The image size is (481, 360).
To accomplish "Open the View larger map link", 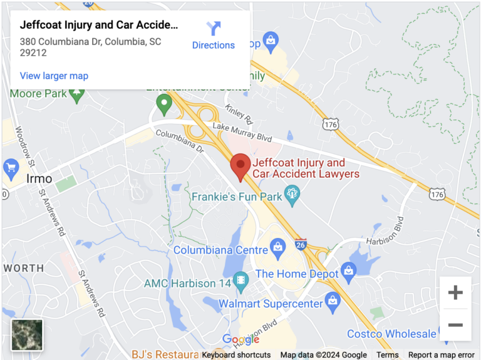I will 54,76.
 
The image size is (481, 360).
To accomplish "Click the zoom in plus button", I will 455,292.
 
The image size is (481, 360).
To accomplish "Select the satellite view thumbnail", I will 27,335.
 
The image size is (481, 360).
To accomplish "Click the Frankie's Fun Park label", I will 237,197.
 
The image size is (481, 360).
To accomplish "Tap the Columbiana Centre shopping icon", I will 277,250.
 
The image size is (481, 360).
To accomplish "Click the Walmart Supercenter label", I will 271,304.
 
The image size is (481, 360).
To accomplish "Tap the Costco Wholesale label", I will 391,334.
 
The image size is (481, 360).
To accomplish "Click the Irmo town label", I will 39,179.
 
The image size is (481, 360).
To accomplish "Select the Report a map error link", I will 442,355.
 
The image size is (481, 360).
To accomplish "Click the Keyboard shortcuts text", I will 236,355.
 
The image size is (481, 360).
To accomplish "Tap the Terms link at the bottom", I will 388,355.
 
